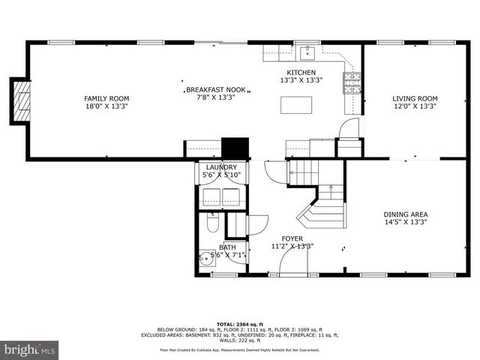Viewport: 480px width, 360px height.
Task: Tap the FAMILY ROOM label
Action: click(x=106, y=98)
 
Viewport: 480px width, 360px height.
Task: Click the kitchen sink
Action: click(x=307, y=52)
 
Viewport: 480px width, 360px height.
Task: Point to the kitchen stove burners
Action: click(x=351, y=82)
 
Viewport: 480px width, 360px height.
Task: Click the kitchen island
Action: click(x=295, y=105)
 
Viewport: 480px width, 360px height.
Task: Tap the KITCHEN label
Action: click(x=301, y=72)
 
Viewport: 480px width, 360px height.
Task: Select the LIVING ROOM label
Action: click(x=415, y=98)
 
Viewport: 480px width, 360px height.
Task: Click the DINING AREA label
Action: click(x=406, y=214)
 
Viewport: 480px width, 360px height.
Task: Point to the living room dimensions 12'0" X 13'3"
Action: click(x=415, y=106)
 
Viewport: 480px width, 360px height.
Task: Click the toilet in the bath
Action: click(x=212, y=223)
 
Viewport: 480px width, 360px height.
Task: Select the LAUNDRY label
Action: click(x=221, y=167)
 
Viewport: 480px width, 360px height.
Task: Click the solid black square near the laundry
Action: click(x=235, y=147)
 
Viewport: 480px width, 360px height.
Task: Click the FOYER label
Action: click(x=292, y=238)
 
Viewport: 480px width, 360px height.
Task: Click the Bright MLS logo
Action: click(x=30, y=349)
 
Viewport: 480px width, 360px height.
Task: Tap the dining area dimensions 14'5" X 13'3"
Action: click(x=406, y=222)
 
